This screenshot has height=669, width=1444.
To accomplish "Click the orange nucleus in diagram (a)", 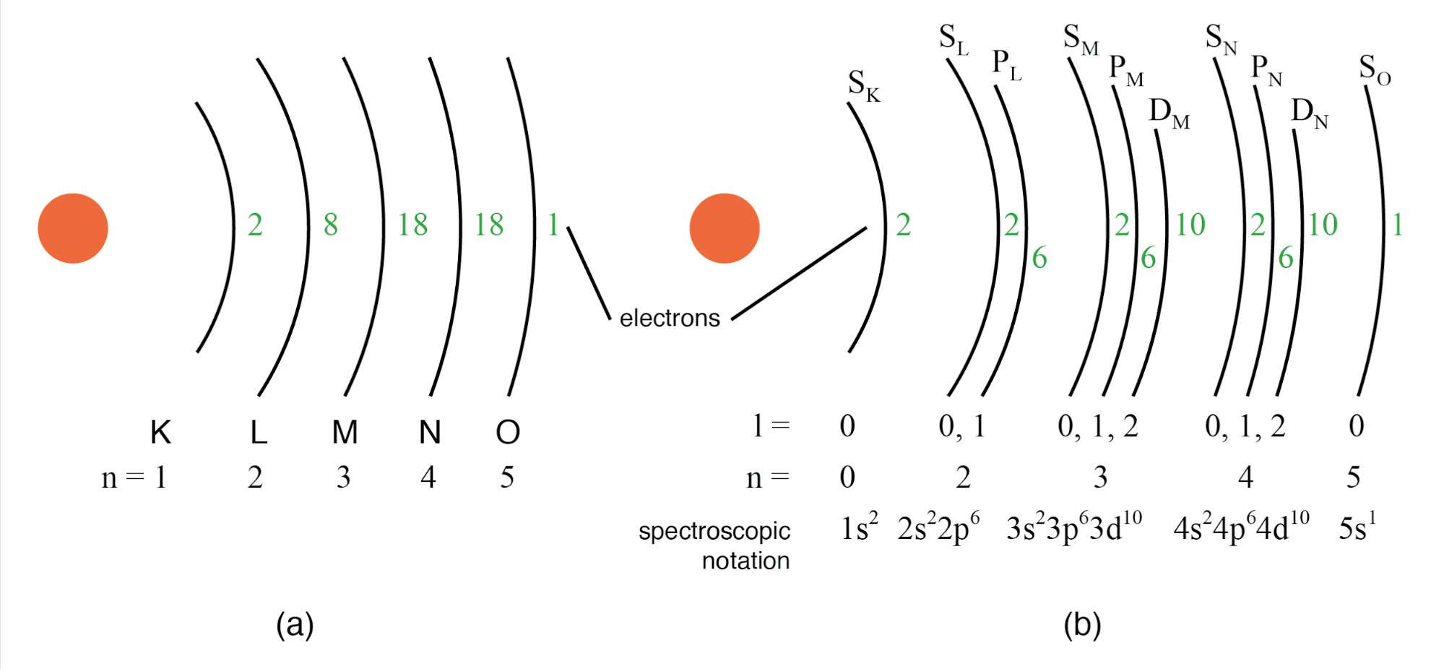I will [73, 228].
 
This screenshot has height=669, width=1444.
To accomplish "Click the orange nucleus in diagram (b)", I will [725, 228].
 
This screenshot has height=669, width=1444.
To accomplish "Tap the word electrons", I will [670, 318].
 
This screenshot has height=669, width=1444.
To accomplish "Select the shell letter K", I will [160, 432].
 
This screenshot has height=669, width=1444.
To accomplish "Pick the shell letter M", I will [345, 432].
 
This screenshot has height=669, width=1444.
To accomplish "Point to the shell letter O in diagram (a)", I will [508, 432].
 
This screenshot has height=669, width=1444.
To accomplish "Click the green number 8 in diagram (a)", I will [331, 225].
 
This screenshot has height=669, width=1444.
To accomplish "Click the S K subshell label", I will [864, 85].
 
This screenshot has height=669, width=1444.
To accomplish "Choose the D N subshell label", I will [1310, 113].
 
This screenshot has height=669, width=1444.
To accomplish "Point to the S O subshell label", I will [1375, 70].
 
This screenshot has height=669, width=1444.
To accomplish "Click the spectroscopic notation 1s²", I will [860, 527].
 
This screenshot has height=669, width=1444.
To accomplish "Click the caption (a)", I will [295, 624].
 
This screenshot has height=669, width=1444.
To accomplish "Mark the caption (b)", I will [1082, 624].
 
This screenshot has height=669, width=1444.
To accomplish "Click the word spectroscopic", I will [714, 531].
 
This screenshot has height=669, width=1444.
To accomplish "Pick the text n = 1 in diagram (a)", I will [134, 478].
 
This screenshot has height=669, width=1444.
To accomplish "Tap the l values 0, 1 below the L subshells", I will [962, 426].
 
